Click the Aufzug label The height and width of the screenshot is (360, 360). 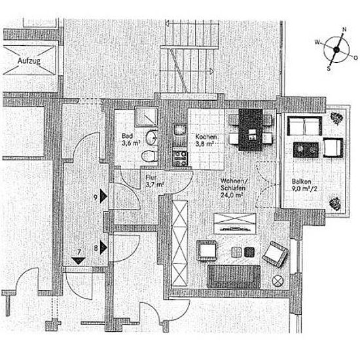click(x=29, y=61)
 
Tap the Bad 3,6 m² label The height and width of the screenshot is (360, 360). click(x=131, y=139)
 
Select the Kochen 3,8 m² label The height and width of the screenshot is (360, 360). click(x=206, y=140)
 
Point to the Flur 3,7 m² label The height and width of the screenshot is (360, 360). click(x=154, y=181)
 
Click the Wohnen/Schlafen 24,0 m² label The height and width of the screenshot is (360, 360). click(x=233, y=188)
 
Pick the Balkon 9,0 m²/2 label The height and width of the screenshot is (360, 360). click(x=304, y=185)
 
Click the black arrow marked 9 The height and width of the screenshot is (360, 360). click(x=103, y=196)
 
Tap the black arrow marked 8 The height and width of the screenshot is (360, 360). click(x=103, y=247)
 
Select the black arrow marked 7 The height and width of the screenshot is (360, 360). click(x=79, y=261)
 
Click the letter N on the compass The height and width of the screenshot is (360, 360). click(x=344, y=29)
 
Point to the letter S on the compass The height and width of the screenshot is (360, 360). click(x=329, y=69)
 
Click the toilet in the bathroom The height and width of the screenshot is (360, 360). click(x=149, y=156)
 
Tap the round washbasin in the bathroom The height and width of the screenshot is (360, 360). click(x=152, y=137)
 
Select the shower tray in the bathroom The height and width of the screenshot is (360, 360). click(x=146, y=117)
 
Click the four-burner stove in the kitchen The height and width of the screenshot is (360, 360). click(x=180, y=158)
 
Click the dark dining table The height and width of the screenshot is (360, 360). click(x=251, y=130)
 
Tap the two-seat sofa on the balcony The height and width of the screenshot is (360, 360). click(x=304, y=126)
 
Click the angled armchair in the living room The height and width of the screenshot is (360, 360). click(x=275, y=254)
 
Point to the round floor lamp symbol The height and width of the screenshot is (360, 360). click(x=278, y=281)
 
